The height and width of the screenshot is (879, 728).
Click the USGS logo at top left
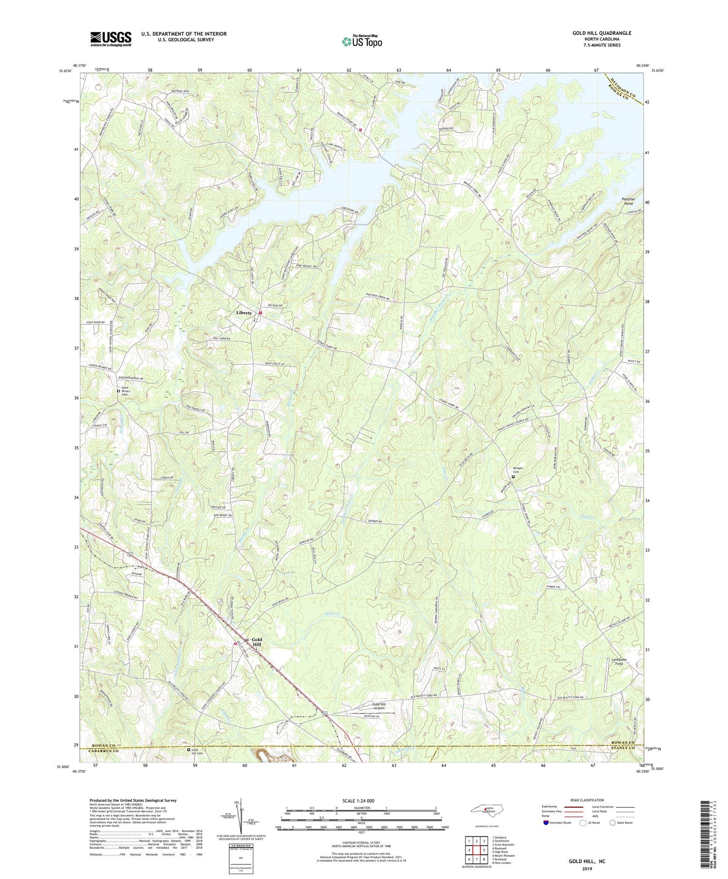click(x=111, y=39)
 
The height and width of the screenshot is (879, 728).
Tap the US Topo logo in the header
click(x=362, y=42)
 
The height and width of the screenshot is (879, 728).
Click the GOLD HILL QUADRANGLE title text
click(x=601, y=33)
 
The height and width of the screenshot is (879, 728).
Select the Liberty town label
click(x=244, y=313)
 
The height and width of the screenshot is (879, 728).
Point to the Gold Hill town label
click(x=256, y=642)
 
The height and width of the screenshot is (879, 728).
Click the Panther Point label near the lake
click(x=631, y=201)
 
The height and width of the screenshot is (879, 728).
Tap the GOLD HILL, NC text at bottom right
click(x=587, y=861)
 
